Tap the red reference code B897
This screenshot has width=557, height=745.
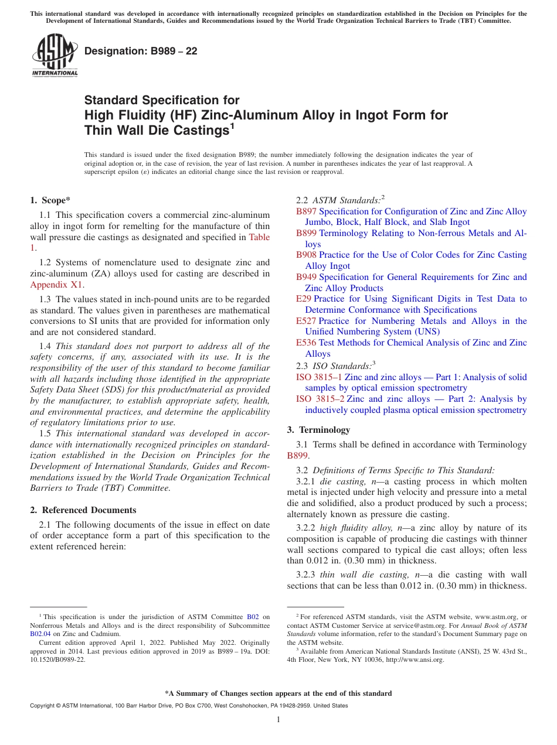pos(306,211)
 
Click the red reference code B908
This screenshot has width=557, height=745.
pos(306,255)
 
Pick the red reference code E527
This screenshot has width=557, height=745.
pos(306,321)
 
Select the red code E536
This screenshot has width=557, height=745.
pos(306,343)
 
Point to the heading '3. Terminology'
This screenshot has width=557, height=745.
pos(318,430)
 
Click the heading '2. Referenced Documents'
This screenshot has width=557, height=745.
pos(83,510)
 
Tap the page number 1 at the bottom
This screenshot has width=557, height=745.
pos(278,720)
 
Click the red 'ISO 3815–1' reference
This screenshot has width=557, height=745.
pos(319,377)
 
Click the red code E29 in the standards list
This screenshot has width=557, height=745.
pos(304,299)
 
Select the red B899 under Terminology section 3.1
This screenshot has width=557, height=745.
pos(297,456)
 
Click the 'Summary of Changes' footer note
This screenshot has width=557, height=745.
pos(278,693)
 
